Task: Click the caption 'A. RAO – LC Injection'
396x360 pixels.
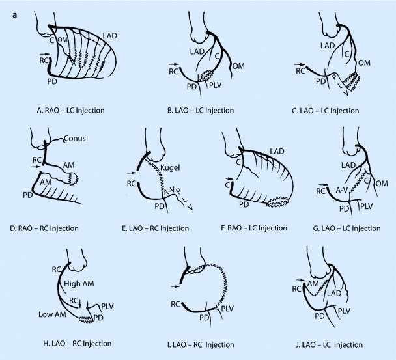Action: pyautogui.click(x=71, y=111)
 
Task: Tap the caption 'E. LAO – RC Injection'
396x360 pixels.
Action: pyautogui.click(x=155, y=228)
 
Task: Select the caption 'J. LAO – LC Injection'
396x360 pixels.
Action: pyautogui.click(x=329, y=344)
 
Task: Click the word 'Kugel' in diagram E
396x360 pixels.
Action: pyautogui.click(x=170, y=167)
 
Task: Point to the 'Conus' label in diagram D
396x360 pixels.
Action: pyautogui.click(x=75, y=139)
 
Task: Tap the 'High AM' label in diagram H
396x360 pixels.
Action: pyautogui.click(x=79, y=284)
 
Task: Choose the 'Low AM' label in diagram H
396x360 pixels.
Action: pyautogui.click(x=52, y=314)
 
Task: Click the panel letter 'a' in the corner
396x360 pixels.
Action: pyautogui.click(x=15, y=15)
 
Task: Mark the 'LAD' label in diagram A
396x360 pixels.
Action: pyautogui.click(x=110, y=36)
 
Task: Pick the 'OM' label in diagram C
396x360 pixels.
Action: pyautogui.click(x=364, y=63)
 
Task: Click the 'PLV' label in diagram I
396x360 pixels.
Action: pyautogui.click(x=227, y=309)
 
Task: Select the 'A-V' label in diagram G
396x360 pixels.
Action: pyautogui.click(x=342, y=190)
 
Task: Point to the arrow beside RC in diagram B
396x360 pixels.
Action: pyautogui.click(x=175, y=64)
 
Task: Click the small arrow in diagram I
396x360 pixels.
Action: pyautogui.click(x=175, y=286)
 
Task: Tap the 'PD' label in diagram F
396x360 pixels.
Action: pyautogui.click(x=244, y=204)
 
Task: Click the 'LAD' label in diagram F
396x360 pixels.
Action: pyautogui.click(x=277, y=152)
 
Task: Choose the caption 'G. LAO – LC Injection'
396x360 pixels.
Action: pyautogui.click(x=346, y=228)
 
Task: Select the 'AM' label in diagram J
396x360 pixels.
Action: pyautogui.click(x=313, y=284)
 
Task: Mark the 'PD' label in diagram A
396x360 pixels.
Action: pyautogui.click(x=52, y=81)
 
